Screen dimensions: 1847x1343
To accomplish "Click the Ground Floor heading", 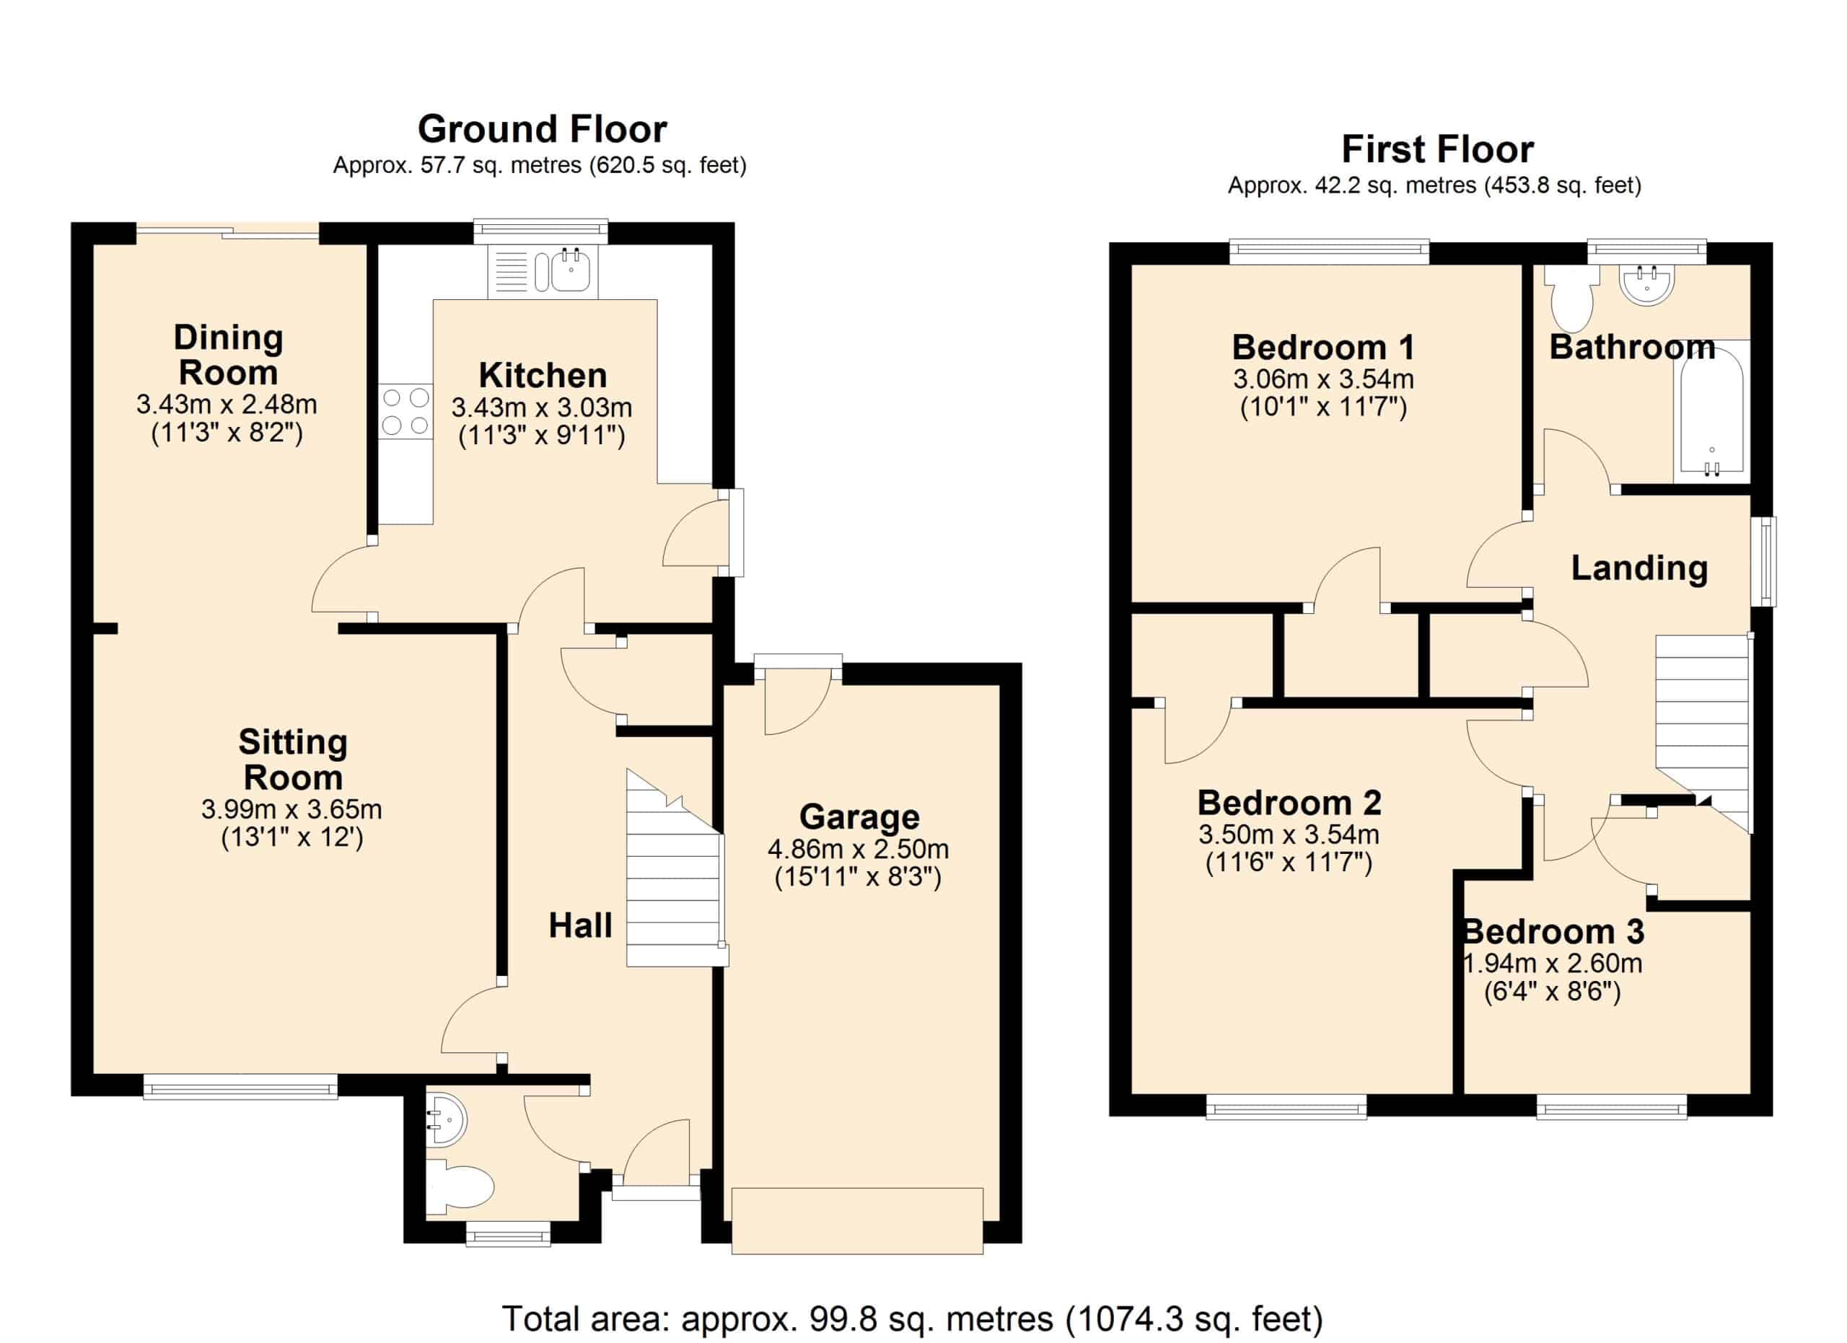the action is [543, 129].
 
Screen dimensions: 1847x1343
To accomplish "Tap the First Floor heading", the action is [1437, 150].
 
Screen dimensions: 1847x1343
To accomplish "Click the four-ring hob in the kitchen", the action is [405, 412].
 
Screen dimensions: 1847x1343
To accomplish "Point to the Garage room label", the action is [859, 816].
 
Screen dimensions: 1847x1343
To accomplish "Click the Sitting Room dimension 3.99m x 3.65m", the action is [291, 809].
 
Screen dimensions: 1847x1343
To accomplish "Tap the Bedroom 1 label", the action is [1322, 348].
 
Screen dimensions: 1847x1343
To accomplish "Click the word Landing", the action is [1638, 568].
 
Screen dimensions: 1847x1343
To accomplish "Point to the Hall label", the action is [580, 925].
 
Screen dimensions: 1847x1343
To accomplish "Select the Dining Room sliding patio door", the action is [227, 234].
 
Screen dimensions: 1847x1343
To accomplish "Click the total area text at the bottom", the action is [912, 1318].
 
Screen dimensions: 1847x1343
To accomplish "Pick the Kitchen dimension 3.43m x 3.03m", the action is [542, 407].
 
